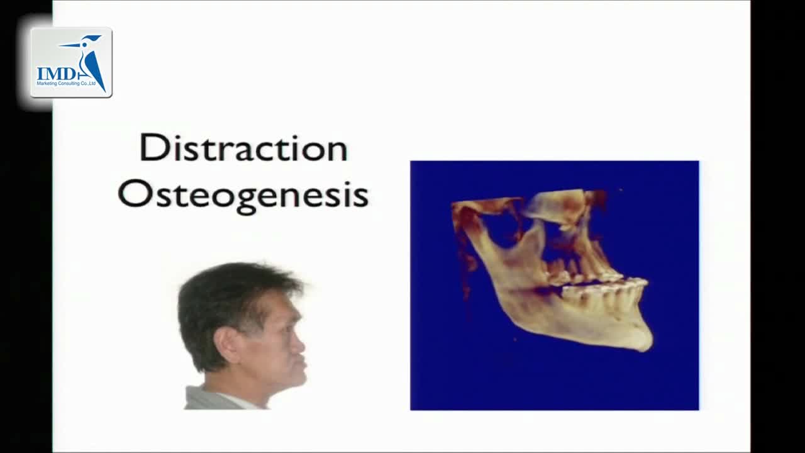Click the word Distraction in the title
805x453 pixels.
click(243, 148)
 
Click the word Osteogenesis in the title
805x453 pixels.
click(243, 196)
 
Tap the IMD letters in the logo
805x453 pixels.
click(57, 74)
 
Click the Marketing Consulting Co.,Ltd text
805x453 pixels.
click(66, 84)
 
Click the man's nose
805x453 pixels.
click(299, 346)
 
